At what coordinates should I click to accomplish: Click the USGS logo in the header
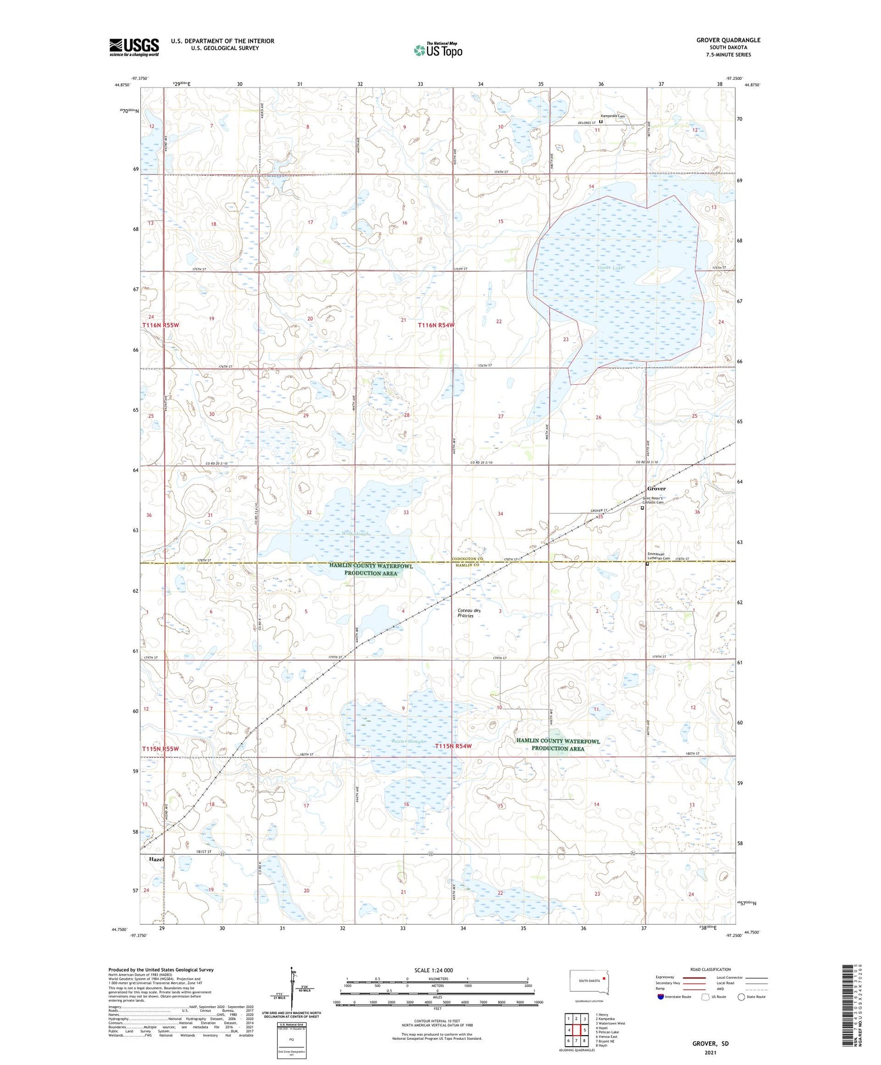(x=134, y=47)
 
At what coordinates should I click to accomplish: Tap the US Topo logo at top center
(x=438, y=51)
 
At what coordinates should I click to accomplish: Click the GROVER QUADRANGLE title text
(x=728, y=40)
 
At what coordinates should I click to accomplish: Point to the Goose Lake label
(x=608, y=268)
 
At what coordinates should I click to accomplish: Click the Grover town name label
(x=656, y=489)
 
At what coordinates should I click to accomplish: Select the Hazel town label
(x=156, y=859)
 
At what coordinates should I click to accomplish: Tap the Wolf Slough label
(x=356, y=533)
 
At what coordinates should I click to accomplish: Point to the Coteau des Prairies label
(x=469, y=613)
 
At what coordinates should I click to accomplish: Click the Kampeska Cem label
(x=612, y=116)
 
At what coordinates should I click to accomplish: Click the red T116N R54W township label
(x=436, y=325)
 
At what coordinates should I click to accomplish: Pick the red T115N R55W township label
(x=160, y=749)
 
